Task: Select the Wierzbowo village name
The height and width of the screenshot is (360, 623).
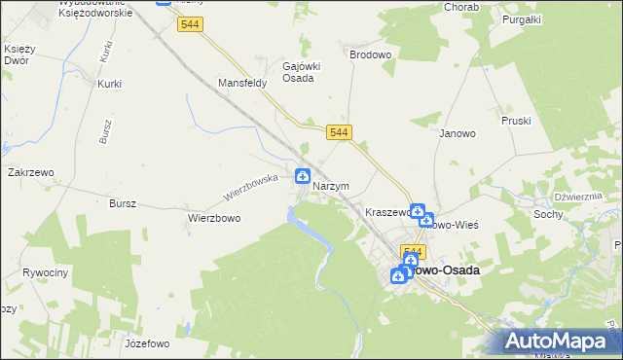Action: [x=214, y=218]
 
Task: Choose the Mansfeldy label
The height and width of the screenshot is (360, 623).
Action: [x=242, y=84]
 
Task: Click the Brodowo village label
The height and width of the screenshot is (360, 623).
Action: [x=370, y=55]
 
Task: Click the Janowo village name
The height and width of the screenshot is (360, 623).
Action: [x=457, y=133]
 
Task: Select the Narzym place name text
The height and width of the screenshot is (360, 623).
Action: [x=331, y=186]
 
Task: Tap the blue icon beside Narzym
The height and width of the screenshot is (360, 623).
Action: [x=303, y=177]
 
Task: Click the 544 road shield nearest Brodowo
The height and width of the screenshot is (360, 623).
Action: [x=339, y=131]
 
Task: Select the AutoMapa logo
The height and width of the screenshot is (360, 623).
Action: [x=560, y=341]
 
